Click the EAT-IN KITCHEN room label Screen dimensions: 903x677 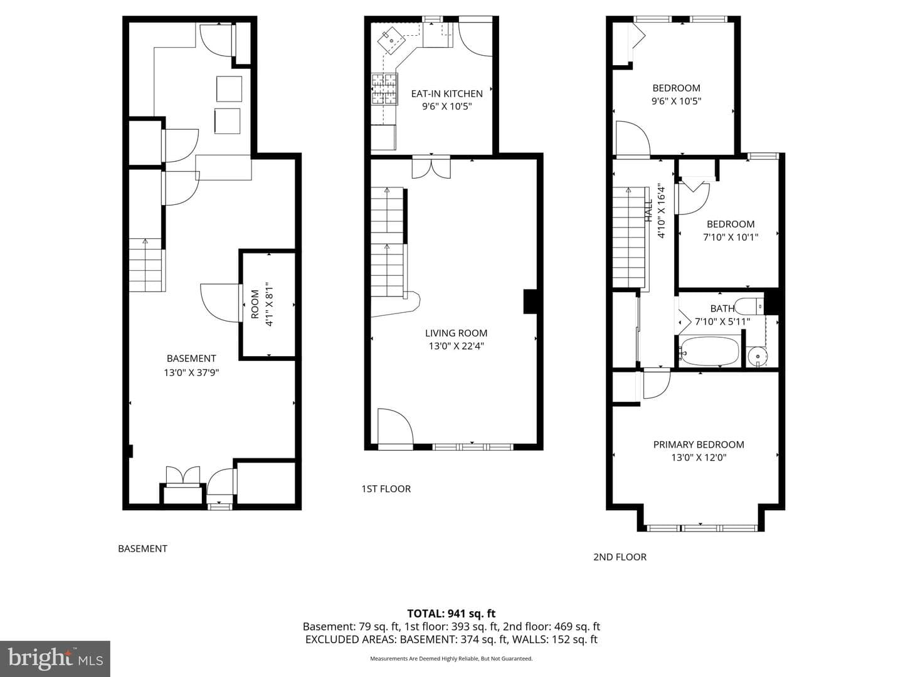(x=446, y=94)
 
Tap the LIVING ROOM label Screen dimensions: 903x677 (x=457, y=333)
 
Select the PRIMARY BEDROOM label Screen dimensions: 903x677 (x=699, y=444)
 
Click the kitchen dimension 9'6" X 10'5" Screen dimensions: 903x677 (x=446, y=107)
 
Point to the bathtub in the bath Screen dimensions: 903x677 (x=709, y=352)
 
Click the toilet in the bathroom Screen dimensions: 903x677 (x=749, y=307)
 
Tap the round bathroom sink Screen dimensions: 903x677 (x=758, y=357)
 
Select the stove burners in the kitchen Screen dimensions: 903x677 (x=385, y=89)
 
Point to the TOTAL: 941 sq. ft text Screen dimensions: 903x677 (x=451, y=614)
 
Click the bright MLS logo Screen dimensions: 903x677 (x=55, y=658)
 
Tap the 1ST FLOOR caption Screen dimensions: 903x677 (x=386, y=489)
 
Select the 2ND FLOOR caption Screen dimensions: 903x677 (x=620, y=557)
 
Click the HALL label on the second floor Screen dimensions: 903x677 (x=649, y=211)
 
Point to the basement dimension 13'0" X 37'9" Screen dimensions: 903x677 (x=191, y=373)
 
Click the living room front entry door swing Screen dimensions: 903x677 (x=395, y=426)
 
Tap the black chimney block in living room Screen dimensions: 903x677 (x=531, y=302)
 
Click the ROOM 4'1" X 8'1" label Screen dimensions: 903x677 (x=262, y=304)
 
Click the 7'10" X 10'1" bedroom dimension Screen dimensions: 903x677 (x=730, y=237)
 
